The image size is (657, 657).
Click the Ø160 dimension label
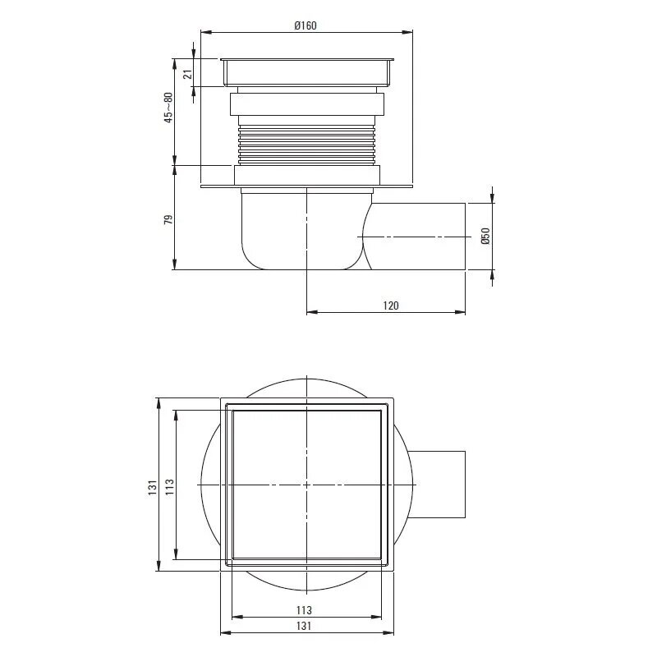(306, 25)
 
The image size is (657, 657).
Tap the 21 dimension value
(188, 74)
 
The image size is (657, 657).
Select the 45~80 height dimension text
(168, 108)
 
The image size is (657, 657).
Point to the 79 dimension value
(168, 219)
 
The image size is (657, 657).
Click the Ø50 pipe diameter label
(485, 237)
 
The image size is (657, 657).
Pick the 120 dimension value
(391, 306)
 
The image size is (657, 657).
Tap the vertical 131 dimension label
(152, 488)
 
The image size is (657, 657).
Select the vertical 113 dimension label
(169, 488)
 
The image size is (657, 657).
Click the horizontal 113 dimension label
(304, 610)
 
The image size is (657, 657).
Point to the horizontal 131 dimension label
(304, 626)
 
